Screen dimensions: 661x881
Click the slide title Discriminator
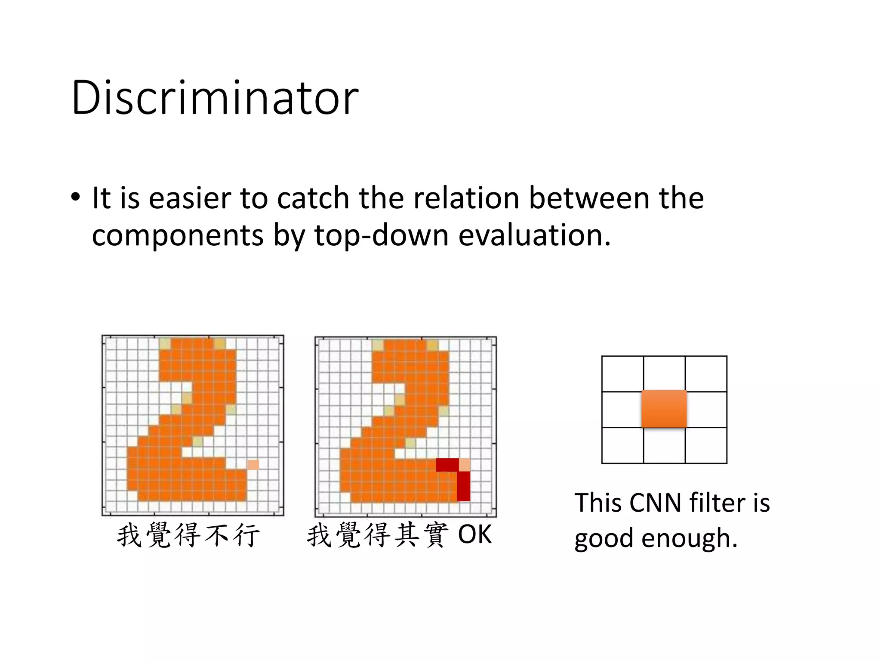tap(215, 98)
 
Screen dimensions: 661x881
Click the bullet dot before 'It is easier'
tap(76, 198)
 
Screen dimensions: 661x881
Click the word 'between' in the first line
tap(589, 198)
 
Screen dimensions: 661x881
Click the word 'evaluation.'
tap(534, 236)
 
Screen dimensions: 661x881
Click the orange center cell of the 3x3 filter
tap(664, 409)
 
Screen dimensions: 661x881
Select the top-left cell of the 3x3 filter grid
tap(622, 374)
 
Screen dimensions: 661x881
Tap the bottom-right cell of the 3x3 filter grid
tap(706, 445)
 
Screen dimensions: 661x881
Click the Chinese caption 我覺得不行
tap(188, 535)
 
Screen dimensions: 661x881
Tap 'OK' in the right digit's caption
tap(474, 534)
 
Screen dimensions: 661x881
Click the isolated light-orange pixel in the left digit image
tap(253, 465)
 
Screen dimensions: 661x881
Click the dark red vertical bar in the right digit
tap(463, 486)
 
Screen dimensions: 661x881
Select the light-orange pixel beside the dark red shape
tap(465, 465)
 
